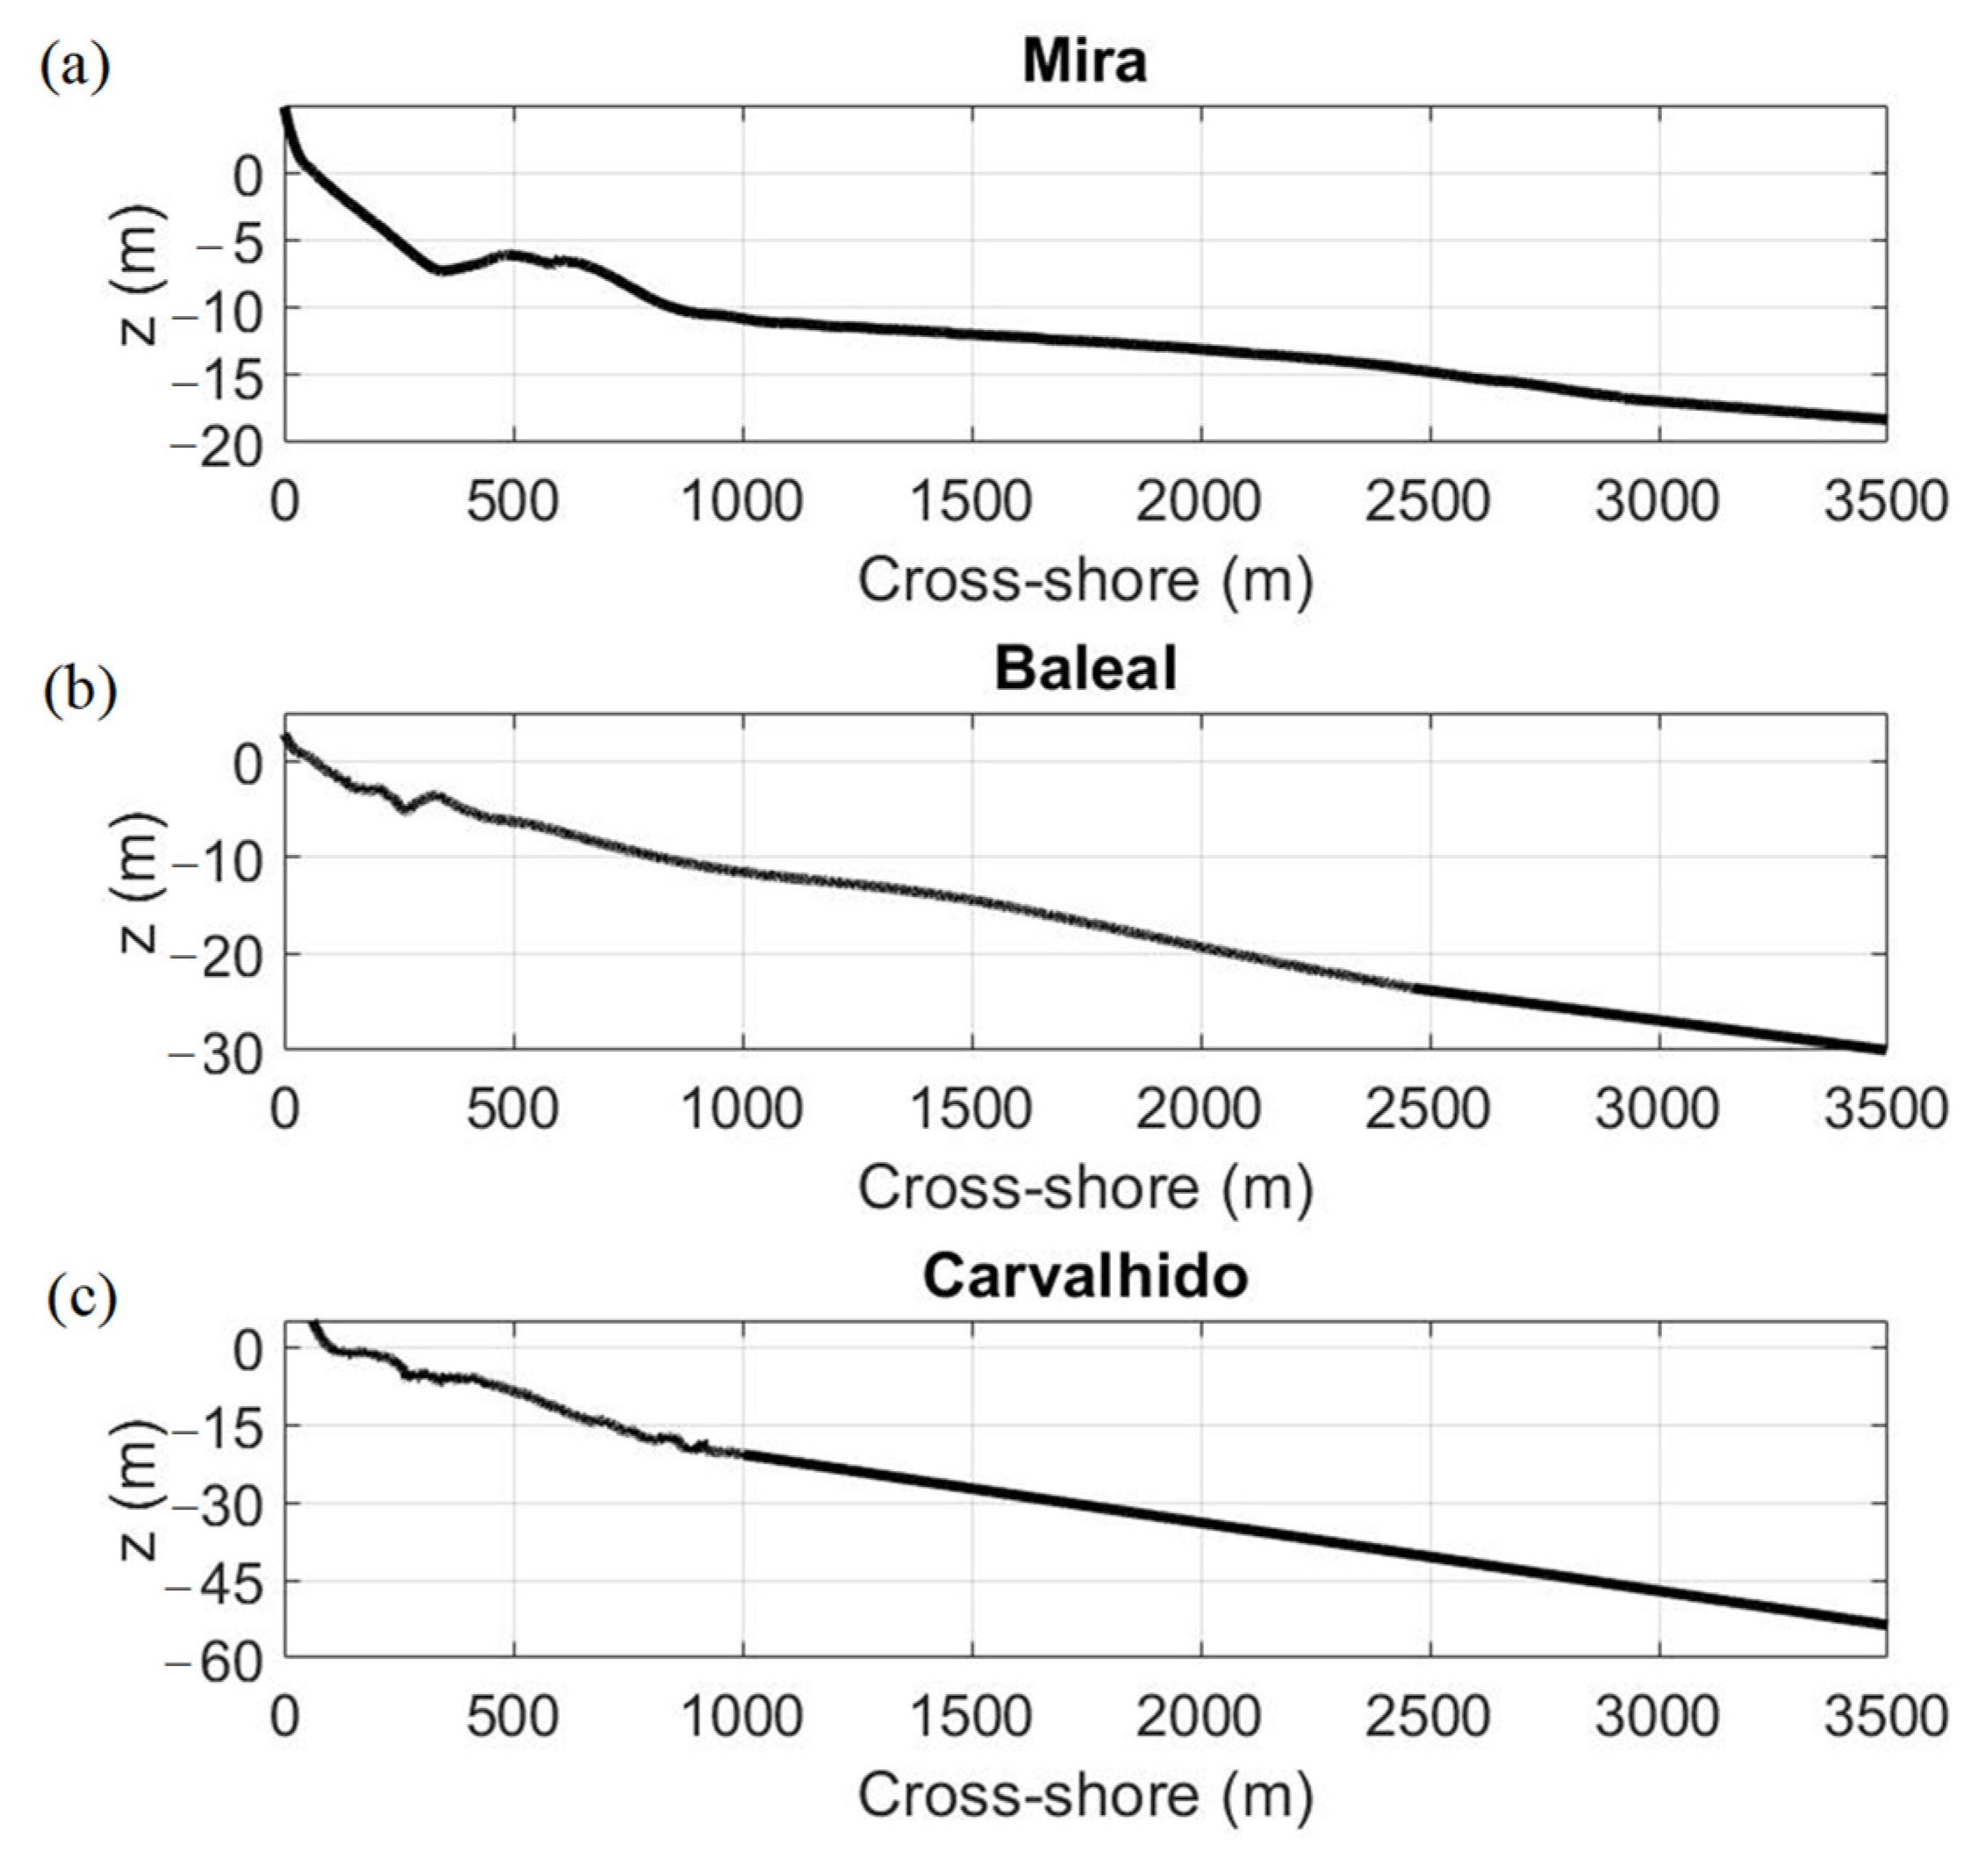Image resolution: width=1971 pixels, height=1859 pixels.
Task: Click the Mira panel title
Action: pyautogui.click(x=1085, y=61)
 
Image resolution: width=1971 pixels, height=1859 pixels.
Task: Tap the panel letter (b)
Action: pyautogui.click(x=79, y=691)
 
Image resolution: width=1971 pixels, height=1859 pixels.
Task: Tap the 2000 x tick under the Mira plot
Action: pyautogui.click(x=1201, y=503)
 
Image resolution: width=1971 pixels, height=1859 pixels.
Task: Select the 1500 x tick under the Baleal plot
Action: pyautogui.click(x=971, y=1109)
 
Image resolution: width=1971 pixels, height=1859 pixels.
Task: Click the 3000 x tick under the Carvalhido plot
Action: pyautogui.click(x=1658, y=1716)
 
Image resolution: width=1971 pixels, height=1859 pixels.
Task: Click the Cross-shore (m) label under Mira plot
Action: pyautogui.click(x=1085, y=580)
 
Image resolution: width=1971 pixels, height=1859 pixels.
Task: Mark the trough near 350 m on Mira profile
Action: pyautogui.click(x=442, y=269)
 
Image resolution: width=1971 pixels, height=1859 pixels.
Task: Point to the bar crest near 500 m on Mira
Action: pyautogui.click(x=512, y=255)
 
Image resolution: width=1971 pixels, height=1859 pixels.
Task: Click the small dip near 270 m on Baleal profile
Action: pyautogui.click(x=405, y=809)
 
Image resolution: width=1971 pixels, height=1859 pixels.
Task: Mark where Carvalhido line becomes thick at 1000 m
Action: pyautogui.click(x=742, y=1453)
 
